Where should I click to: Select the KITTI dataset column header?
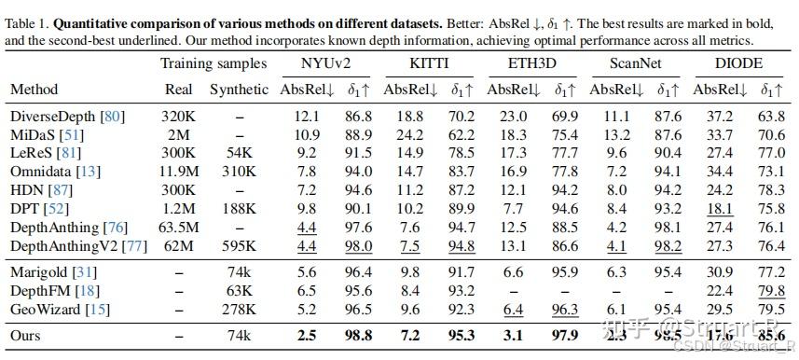[430, 63]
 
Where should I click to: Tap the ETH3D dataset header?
[532, 63]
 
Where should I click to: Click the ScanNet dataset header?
[636, 63]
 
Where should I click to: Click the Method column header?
[34, 90]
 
